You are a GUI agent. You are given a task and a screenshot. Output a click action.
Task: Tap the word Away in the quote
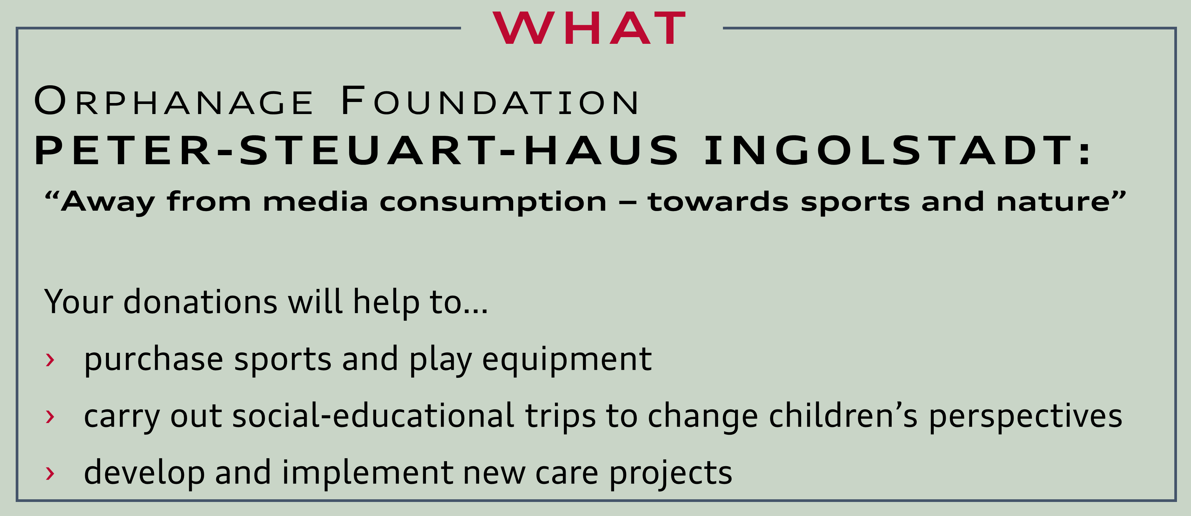tap(107, 203)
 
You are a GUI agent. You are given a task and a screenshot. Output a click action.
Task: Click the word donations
tap(200, 302)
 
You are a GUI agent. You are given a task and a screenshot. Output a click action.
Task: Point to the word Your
tap(79, 302)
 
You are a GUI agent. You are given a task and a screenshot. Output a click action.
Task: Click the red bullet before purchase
tap(50, 359)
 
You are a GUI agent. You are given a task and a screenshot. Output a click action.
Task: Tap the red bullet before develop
tap(50, 473)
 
